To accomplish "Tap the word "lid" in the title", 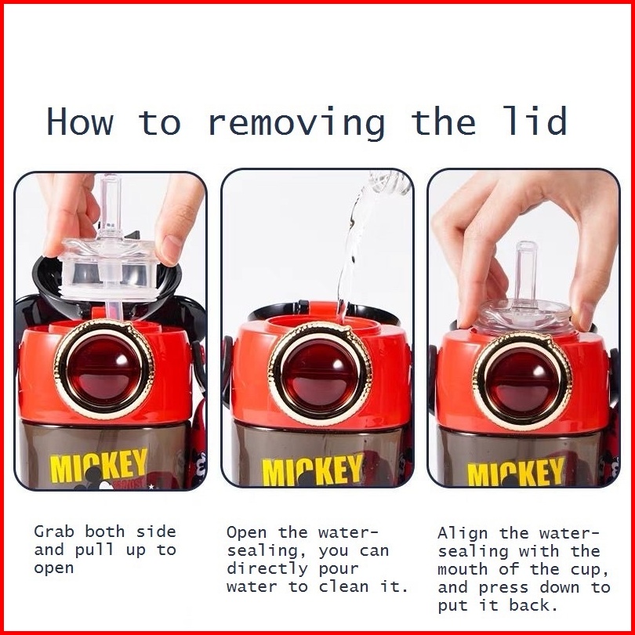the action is (535, 120).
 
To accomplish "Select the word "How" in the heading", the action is (80, 121).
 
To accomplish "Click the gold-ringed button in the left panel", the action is (104, 369).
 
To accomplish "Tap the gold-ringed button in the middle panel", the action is (320, 372).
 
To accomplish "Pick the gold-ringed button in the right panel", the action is (522, 381).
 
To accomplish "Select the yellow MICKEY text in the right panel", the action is (516, 472).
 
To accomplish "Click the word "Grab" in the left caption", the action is (54, 532).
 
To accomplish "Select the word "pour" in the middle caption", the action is (339, 569).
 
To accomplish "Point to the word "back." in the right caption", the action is (534, 605).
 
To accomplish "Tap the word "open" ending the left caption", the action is (54, 568).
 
